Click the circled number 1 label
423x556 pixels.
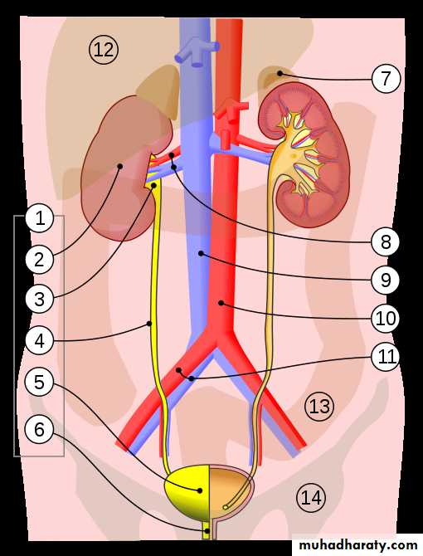click(40, 218)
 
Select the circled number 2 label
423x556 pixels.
click(40, 260)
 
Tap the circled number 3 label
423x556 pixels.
click(40, 299)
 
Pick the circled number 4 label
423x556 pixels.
click(40, 341)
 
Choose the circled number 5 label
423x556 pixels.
click(39, 383)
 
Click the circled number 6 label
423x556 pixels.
click(39, 429)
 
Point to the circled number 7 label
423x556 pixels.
click(386, 78)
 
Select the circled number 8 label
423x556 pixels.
click(386, 241)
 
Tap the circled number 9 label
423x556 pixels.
click(386, 280)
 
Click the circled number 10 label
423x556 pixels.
click(386, 318)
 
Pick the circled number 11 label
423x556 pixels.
click(386, 356)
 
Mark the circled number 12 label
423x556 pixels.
click(104, 50)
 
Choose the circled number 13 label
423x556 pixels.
click(319, 407)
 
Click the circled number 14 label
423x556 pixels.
click(311, 497)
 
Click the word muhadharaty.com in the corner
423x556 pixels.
click(358, 545)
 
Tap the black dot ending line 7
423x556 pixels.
click(280, 73)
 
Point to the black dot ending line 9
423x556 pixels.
click(201, 253)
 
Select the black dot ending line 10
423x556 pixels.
click(221, 303)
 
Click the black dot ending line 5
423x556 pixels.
click(200, 490)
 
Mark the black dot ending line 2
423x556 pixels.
click(119, 166)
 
